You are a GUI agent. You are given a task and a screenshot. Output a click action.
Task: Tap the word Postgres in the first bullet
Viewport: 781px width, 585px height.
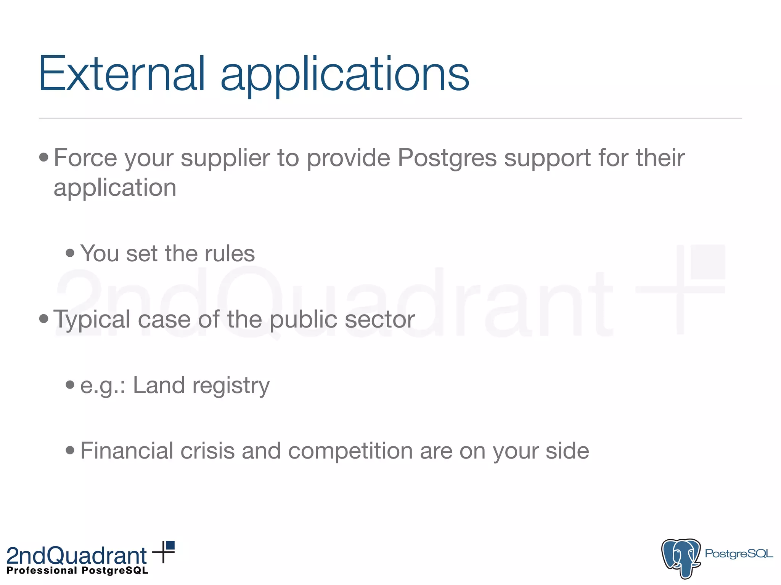[447, 158]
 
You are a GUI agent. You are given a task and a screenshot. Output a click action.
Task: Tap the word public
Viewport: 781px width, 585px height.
[303, 320]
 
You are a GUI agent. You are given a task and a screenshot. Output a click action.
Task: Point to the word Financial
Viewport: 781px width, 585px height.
[127, 451]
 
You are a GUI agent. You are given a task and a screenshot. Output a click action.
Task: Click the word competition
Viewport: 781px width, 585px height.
[350, 452]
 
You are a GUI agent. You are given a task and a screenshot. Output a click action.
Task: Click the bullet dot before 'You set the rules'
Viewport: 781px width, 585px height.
[70, 253]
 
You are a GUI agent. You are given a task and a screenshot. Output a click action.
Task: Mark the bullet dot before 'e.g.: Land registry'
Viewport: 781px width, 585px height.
[70, 385]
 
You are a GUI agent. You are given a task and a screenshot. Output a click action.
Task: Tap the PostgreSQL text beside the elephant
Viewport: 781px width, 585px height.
[739, 554]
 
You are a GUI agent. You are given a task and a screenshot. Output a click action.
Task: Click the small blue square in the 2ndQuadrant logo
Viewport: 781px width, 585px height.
[170, 545]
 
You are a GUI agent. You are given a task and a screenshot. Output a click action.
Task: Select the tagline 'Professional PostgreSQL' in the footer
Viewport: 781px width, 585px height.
[77, 571]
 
